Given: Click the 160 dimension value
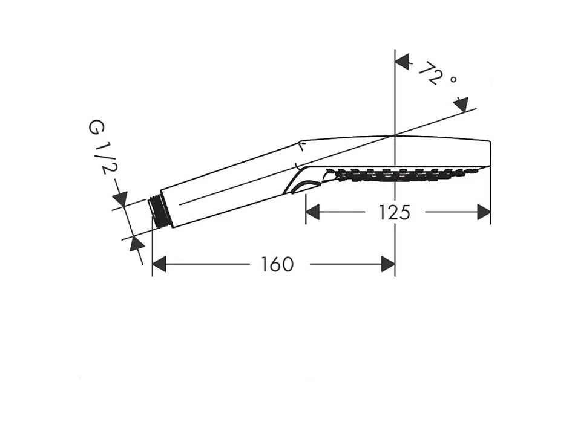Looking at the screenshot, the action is click(277, 264).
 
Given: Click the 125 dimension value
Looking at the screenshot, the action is click(395, 212).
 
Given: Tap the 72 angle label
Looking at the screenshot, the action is click(430, 74).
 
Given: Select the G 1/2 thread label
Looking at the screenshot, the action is click(99, 148).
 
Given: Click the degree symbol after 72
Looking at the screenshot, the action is click(453, 79).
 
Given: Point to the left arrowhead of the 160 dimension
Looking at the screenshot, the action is click(159, 264).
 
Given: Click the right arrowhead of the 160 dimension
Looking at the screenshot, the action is click(388, 264).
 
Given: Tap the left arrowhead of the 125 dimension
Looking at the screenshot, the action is click(312, 212).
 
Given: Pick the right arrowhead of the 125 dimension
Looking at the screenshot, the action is click(484, 212).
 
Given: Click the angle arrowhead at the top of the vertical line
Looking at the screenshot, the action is click(402, 61).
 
